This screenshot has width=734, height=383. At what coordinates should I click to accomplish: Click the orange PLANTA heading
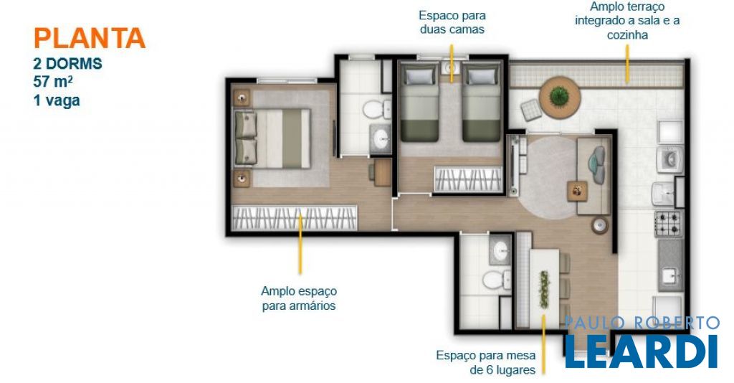click(x=90, y=39)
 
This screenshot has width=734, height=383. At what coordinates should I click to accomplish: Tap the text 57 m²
click(x=53, y=81)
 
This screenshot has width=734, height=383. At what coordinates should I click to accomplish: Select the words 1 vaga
click(x=57, y=100)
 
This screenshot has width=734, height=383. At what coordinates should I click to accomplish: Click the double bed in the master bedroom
click(x=272, y=138)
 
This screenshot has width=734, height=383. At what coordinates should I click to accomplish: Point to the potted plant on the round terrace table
click(x=559, y=96)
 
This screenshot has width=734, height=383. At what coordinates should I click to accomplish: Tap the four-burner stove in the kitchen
click(x=669, y=223)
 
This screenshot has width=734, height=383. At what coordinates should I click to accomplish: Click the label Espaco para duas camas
click(x=452, y=22)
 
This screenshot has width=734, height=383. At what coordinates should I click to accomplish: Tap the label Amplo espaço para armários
click(x=299, y=298)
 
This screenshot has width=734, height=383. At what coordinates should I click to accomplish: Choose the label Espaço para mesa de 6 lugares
click(x=486, y=362)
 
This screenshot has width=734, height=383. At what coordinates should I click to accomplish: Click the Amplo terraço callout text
click(x=627, y=21)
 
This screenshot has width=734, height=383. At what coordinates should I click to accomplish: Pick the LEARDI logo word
click(x=642, y=351)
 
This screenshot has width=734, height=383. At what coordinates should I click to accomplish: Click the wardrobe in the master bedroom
click(x=295, y=218)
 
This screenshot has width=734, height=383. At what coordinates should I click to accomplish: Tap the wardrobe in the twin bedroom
click(x=467, y=179)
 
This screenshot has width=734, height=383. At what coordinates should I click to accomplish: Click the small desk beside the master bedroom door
click(x=381, y=172)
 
